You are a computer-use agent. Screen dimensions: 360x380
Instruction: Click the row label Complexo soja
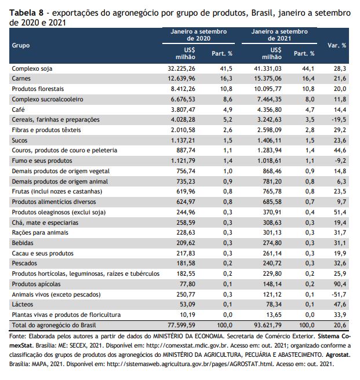[x=32, y=68]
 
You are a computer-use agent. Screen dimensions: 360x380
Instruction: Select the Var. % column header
[x=337, y=45]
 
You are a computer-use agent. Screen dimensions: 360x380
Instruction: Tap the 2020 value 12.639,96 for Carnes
[x=181, y=79]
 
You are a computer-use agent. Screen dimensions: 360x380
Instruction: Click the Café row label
[x=18, y=109]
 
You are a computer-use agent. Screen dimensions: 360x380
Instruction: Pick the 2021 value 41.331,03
[x=268, y=68]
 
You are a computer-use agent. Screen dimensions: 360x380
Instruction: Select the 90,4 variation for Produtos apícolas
[x=340, y=284]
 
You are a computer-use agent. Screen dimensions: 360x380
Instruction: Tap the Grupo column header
[x=21, y=45]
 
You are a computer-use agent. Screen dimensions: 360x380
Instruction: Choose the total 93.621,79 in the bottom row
[x=268, y=325]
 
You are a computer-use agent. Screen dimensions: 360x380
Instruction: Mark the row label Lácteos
[x=22, y=304]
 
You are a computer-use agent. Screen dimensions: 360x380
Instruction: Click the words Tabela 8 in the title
[x=26, y=13]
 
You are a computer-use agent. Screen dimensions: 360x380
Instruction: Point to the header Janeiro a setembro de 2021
[x=279, y=35]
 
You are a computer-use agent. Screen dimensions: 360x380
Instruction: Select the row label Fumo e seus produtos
[x=42, y=160]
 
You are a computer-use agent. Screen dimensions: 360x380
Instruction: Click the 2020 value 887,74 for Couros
[x=186, y=150]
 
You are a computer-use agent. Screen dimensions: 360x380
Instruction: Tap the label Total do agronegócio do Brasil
[x=54, y=325]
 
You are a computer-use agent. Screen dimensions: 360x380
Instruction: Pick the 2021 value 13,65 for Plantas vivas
[x=274, y=315]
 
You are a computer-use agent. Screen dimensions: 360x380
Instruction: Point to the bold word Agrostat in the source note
[x=338, y=355]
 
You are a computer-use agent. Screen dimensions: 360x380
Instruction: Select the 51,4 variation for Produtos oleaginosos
[x=340, y=212]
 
